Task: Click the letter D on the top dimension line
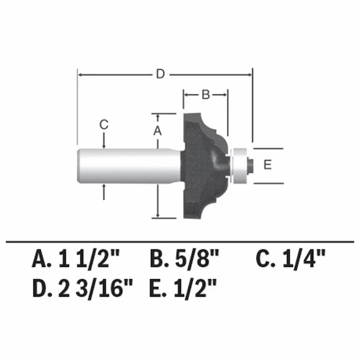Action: click(160, 74)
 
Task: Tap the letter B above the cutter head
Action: click(205, 95)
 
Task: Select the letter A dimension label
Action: click(157, 130)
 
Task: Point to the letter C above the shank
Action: click(104, 125)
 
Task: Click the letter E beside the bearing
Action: click(267, 165)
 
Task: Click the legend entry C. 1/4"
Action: click(290, 259)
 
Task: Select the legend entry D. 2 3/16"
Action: click(83, 288)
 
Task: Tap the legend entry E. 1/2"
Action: click(183, 288)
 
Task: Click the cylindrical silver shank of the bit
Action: click(128, 166)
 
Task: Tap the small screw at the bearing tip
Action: click(251, 164)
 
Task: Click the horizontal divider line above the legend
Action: click(179, 241)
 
